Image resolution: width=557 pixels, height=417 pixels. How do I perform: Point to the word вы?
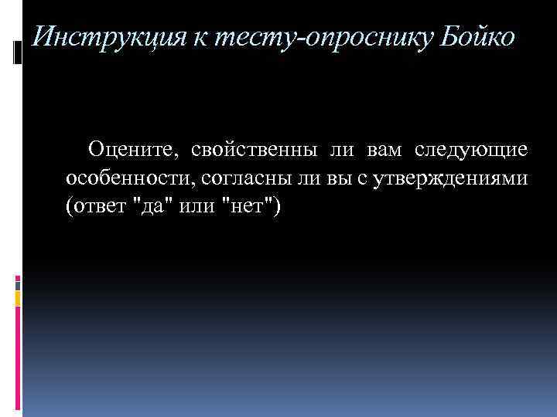point(340,178)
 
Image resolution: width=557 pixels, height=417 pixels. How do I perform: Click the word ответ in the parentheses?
point(98,208)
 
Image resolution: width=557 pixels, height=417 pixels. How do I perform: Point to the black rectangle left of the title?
point(18,53)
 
